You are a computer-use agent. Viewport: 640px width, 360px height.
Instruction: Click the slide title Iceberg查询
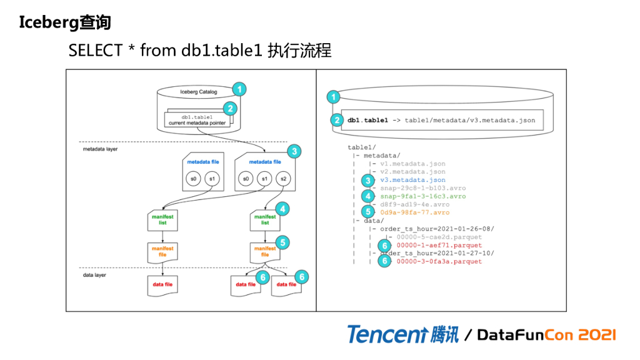coord(65,22)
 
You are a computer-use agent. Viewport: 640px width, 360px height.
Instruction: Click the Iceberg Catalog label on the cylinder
coord(198,92)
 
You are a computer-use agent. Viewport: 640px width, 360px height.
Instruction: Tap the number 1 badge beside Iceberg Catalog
coord(239,89)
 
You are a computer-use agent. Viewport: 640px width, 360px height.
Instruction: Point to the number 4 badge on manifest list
coord(283,209)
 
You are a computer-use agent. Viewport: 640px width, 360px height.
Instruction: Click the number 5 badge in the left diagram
coord(283,242)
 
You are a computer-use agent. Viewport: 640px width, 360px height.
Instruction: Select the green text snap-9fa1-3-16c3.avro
coord(423,196)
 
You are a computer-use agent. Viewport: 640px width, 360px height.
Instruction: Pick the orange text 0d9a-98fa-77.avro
coord(414,212)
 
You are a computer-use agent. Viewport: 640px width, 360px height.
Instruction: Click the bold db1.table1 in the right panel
coord(367,120)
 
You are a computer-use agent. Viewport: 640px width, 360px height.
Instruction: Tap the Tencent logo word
coord(387,334)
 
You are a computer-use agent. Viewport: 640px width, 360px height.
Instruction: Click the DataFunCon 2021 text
coord(546,335)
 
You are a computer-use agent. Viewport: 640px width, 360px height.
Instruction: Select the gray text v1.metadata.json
coord(412,164)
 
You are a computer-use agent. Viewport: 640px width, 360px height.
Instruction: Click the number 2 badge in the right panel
coord(337,120)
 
